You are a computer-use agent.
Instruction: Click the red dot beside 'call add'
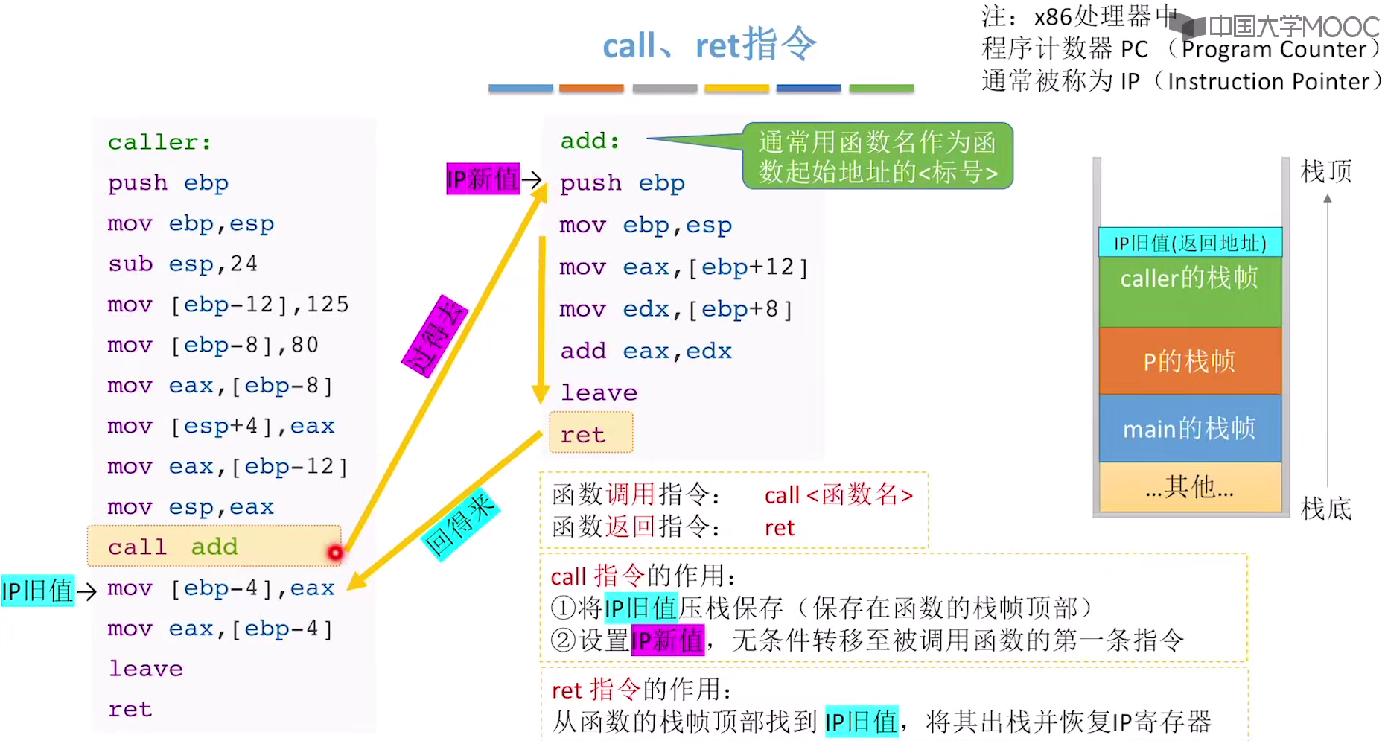pyautogui.click(x=335, y=553)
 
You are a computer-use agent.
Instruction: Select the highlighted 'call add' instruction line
pyautogui.click(x=214, y=547)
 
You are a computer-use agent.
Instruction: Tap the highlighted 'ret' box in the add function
pyautogui.click(x=591, y=433)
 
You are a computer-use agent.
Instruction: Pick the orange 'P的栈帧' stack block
pyautogui.click(x=1189, y=361)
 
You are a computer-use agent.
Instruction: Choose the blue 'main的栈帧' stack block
pyautogui.click(x=1189, y=428)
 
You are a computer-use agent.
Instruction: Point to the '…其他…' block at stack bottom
pyautogui.click(x=1189, y=487)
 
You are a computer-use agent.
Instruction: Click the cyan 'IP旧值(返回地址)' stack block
pyautogui.click(x=1189, y=243)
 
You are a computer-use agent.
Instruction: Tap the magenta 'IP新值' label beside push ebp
pyautogui.click(x=483, y=179)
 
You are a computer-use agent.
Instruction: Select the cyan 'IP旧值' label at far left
pyautogui.click(x=38, y=591)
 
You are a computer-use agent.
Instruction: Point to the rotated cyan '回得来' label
pyautogui.click(x=459, y=525)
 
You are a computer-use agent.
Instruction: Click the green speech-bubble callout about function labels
pyautogui.click(x=877, y=156)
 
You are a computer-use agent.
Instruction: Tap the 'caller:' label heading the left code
pyautogui.click(x=159, y=141)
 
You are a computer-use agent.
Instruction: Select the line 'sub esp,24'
pyautogui.click(x=182, y=264)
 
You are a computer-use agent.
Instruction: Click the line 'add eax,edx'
pyautogui.click(x=646, y=351)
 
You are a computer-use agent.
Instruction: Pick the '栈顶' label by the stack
pyautogui.click(x=1325, y=172)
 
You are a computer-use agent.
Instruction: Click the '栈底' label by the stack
pyautogui.click(x=1325, y=509)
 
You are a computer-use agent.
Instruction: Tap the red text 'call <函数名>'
pyautogui.click(x=838, y=494)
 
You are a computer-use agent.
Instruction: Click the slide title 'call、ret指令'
pyautogui.click(x=709, y=45)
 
